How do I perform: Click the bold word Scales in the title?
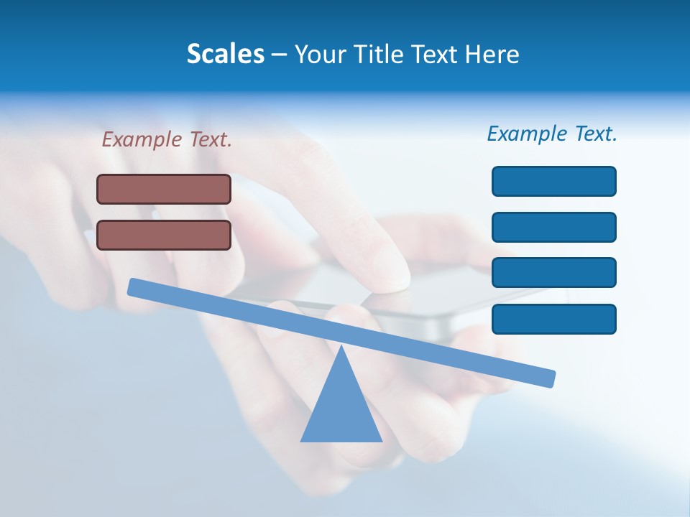click(x=226, y=55)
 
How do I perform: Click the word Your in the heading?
click(x=320, y=55)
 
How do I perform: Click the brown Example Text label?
click(x=167, y=139)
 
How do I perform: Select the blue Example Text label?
click(x=552, y=134)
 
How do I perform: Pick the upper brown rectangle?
click(x=164, y=189)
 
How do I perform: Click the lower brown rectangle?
click(x=164, y=235)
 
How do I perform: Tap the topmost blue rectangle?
click(x=553, y=181)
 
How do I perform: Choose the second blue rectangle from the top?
click(x=553, y=227)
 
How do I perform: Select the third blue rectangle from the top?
click(x=553, y=273)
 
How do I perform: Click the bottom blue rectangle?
click(x=553, y=319)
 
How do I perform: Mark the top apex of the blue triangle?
click(x=341, y=347)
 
